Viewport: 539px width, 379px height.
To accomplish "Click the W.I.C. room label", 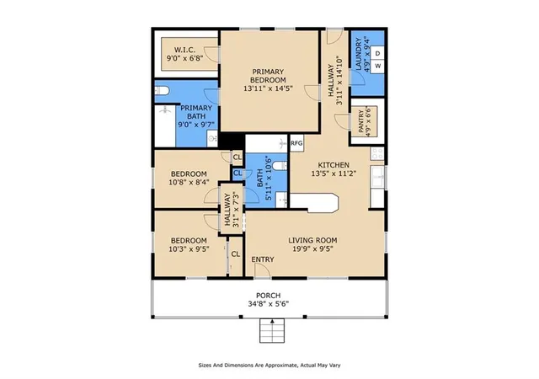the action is [185, 50].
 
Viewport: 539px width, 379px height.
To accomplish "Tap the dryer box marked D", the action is [378, 54].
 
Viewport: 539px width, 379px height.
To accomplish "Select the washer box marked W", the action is [378, 66].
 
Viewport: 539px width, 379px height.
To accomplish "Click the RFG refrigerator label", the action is [296, 142].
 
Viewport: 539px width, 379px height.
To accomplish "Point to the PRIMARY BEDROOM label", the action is [268, 76].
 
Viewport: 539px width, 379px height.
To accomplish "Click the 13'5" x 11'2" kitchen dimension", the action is [334, 173].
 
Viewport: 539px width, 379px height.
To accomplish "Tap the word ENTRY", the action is [263, 259].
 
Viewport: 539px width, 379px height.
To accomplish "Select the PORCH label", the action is [268, 296].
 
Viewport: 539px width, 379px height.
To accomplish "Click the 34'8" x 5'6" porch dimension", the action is [268, 304].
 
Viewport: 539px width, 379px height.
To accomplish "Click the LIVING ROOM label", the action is [312, 240].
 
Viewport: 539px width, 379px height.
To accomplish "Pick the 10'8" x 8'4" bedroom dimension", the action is [189, 182].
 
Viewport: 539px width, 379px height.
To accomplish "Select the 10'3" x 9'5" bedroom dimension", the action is [189, 248].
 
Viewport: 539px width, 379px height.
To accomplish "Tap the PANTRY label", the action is [361, 121].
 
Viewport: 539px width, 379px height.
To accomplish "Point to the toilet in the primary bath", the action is [162, 91].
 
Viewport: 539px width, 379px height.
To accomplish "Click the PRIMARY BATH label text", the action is [196, 112].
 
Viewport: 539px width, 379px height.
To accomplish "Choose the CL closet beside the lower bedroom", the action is [236, 254].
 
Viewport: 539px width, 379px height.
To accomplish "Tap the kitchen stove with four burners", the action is [377, 153].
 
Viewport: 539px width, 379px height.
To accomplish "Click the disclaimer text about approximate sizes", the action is [269, 366].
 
